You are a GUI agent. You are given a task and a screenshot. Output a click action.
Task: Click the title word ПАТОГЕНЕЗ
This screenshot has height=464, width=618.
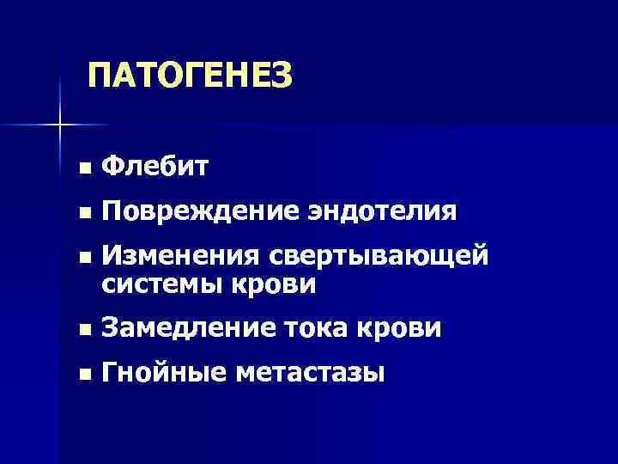point(190,76)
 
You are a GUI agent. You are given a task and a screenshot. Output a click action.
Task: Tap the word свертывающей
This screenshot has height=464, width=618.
point(378,257)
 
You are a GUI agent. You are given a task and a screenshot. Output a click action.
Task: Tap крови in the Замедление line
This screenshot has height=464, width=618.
point(401,328)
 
